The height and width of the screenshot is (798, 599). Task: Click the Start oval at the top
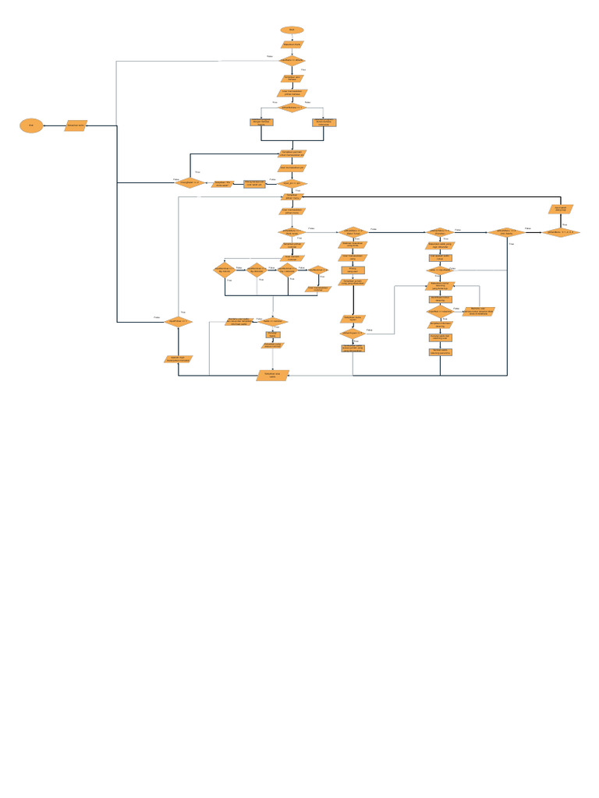pyautogui.click(x=292, y=30)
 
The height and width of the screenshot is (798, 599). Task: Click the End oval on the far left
pyautogui.click(x=31, y=125)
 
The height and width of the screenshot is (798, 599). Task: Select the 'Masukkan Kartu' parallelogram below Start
pyautogui.click(x=292, y=45)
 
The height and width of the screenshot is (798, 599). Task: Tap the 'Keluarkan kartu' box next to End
pyautogui.click(x=76, y=125)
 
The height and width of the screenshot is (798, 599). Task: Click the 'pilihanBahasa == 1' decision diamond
pyautogui.click(x=292, y=108)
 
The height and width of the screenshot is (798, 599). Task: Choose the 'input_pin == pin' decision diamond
pyautogui.click(x=292, y=183)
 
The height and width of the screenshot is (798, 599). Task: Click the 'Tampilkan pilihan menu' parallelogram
pyautogui.click(x=292, y=196)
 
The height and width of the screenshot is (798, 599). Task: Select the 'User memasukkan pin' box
pyautogui.click(x=292, y=168)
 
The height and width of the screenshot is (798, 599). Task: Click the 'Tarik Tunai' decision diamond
pyautogui.click(x=354, y=231)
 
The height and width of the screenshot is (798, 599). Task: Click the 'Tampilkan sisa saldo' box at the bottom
pyautogui.click(x=273, y=376)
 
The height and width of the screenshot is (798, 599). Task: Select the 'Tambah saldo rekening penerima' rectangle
pyautogui.click(x=440, y=351)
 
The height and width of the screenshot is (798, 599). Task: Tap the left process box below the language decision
pyautogui.click(x=261, y=122)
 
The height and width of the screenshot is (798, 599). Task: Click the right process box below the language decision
pyautogui.click(x=324, y=122)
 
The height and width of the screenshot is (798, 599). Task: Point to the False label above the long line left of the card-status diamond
pyautogui.click(x=270, y=56)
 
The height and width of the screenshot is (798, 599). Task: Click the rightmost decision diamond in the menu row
pyautogui.click(x=561, y=232)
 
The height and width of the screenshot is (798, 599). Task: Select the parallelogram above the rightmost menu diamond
pyautogui.click(x=561, y=209)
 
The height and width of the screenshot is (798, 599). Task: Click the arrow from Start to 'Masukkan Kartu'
pyautogui.click(x=292, y=37)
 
